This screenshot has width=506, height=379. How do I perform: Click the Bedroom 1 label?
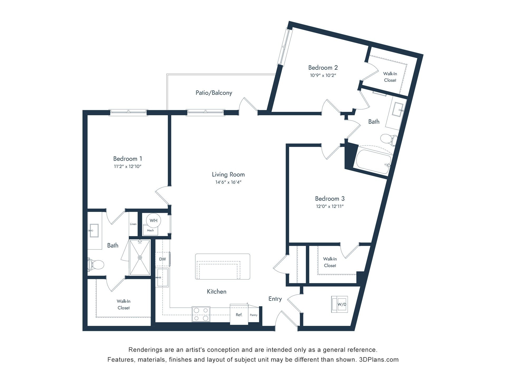click(128, 159)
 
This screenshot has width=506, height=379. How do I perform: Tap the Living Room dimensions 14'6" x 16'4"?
click(228, 182)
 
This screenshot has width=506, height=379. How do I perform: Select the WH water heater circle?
click(153, 221)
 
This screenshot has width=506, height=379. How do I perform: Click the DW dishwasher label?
click(163, 259)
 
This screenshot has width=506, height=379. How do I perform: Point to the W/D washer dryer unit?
click(339, 304)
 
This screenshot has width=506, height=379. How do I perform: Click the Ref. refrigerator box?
click(239, 315)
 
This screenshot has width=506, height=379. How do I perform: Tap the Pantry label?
click(254, 315)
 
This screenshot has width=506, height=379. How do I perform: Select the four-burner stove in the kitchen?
click(201, 314)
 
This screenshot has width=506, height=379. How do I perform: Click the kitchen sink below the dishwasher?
click(162, 277)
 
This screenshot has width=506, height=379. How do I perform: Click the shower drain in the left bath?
click(140, 257)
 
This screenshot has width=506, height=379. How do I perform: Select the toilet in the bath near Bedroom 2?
click(389, 139)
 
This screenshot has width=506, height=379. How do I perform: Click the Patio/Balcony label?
click(214, 93)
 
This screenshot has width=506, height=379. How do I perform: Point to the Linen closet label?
click(133, 224)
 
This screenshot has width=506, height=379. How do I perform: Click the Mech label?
click(150, 231)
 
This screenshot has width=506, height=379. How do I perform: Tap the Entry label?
click(275, 299)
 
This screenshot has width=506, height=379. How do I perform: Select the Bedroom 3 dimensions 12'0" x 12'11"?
click(330, 206)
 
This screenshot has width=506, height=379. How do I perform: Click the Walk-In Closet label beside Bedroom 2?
click(390, 77)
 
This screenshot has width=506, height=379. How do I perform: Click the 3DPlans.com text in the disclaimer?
click(379, 360)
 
